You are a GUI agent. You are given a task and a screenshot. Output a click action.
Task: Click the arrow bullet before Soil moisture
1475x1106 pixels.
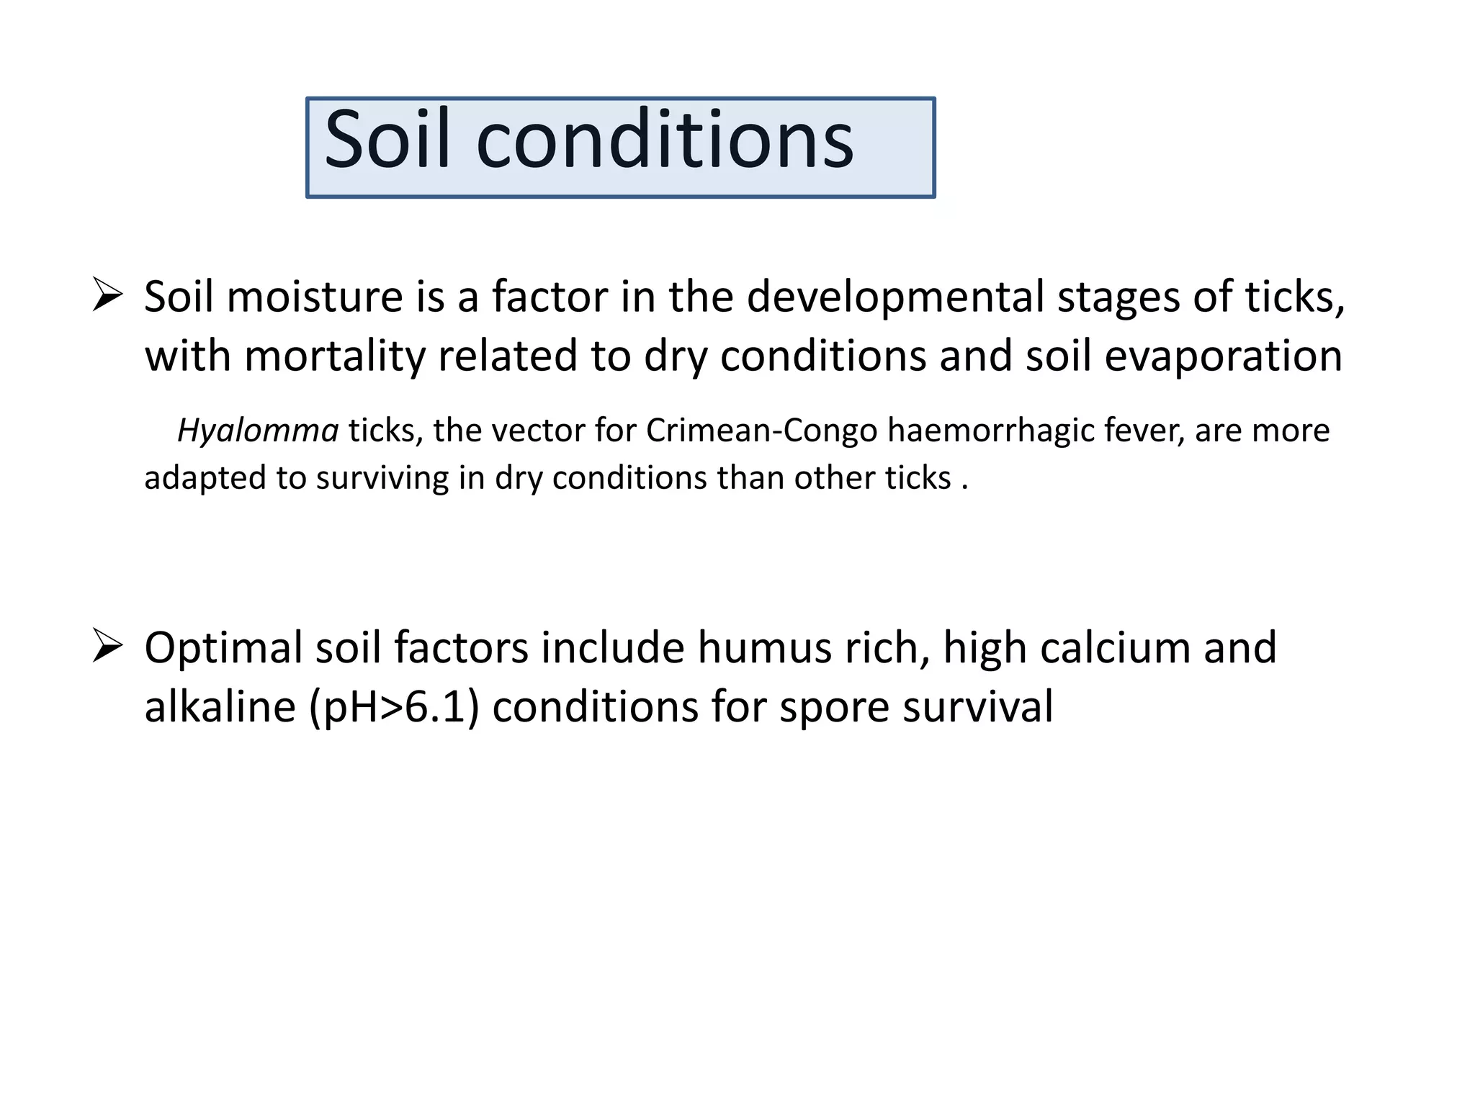tap(107, 296)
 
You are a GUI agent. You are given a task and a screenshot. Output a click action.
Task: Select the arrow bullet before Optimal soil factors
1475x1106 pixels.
tap(107, 646)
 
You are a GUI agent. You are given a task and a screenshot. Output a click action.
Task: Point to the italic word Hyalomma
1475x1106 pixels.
tap(257, 431)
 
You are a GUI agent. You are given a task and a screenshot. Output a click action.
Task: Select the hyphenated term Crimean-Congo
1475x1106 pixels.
tap(761, 431)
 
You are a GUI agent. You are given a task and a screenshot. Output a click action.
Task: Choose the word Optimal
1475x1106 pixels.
tap(223, 647)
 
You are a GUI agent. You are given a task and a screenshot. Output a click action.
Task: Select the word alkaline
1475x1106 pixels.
tap(220, 706)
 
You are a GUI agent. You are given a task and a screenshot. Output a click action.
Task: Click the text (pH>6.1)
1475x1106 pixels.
tap(394, 706)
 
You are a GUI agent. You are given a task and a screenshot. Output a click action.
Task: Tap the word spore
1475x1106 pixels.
tap(834, 706)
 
